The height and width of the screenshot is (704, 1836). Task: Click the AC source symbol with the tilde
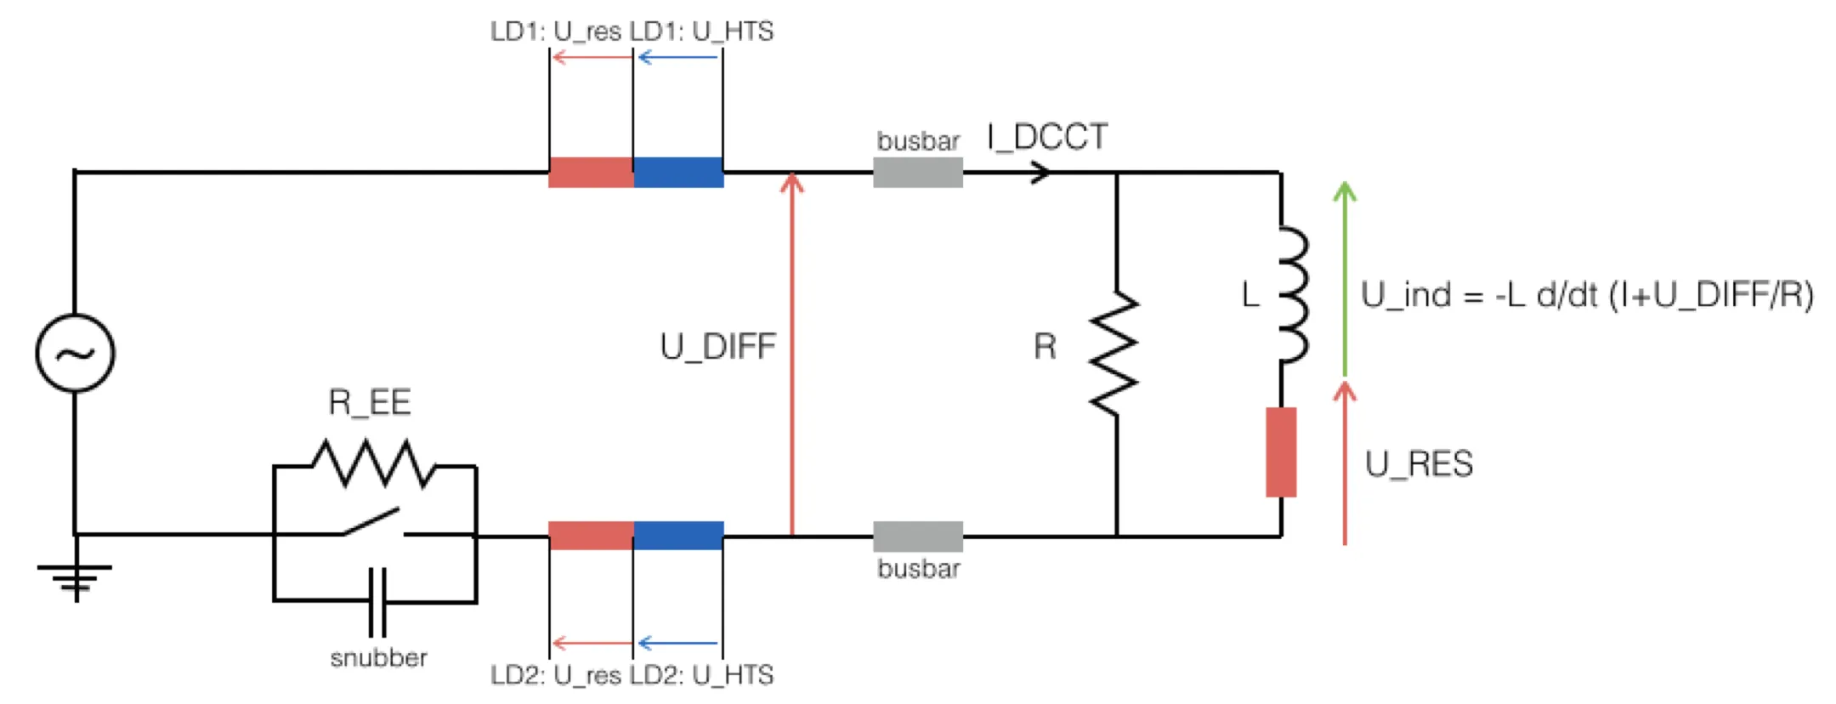[75, 353]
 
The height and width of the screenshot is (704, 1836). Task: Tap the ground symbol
[75, 578]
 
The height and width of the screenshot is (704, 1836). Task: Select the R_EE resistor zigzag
[374, 463]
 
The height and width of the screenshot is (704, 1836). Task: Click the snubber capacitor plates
[377, 602]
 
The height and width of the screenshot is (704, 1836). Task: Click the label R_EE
[370, 402]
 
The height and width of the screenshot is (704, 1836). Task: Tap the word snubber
[378, 657]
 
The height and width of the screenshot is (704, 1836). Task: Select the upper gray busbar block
[918, 172]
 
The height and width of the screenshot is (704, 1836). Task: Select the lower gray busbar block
[918, 537]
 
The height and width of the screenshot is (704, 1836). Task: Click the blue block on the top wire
[678, 172]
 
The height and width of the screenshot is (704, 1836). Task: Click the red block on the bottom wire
[591, 536]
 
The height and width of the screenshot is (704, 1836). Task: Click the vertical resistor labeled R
[1115, 354]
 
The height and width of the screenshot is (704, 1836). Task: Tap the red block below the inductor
[1281, 451]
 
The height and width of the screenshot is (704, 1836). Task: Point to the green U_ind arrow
[1344, 279]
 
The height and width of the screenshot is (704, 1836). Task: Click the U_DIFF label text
[718, 347]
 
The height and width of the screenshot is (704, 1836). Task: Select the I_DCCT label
[1047, 137]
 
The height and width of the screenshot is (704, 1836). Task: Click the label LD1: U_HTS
[702, 31]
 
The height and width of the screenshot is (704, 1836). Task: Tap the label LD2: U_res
[556, 675]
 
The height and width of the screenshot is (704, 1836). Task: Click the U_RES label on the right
[1419, 464]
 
